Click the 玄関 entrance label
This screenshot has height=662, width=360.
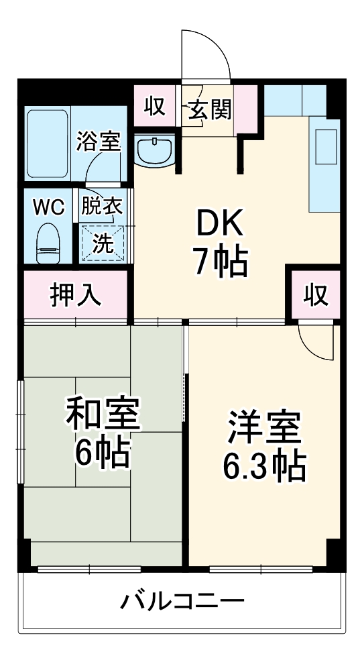[209, 109]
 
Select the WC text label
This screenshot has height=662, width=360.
[50, 207]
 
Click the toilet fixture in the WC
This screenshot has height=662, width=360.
[48, 243]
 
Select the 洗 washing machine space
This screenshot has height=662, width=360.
[103, 242]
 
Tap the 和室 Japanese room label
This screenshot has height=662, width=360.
[102, 416]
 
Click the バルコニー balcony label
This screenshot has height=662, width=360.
[182, 600]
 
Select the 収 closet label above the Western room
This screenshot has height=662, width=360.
[314, 295]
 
